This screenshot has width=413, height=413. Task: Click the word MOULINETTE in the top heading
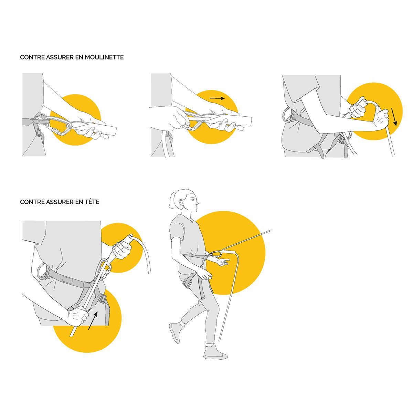[104, 57]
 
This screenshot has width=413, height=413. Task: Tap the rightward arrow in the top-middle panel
[217, 98]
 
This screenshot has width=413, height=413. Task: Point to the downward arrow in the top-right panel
[394, 117]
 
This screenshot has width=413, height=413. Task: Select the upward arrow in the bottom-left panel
[93, 324]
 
